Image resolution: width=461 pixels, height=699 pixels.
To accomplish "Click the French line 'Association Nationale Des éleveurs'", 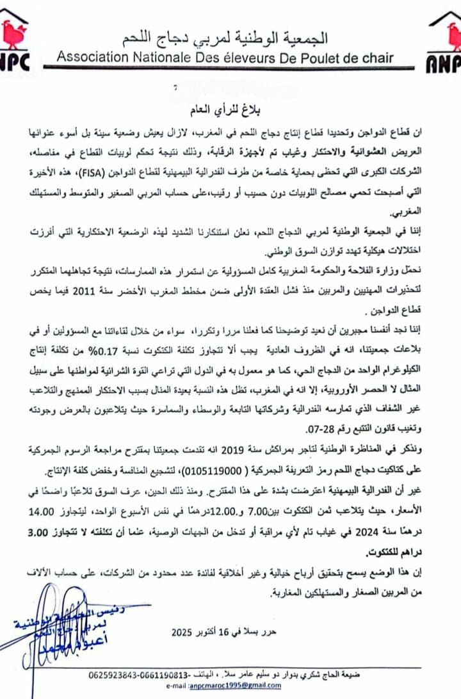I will coord(225,58).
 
